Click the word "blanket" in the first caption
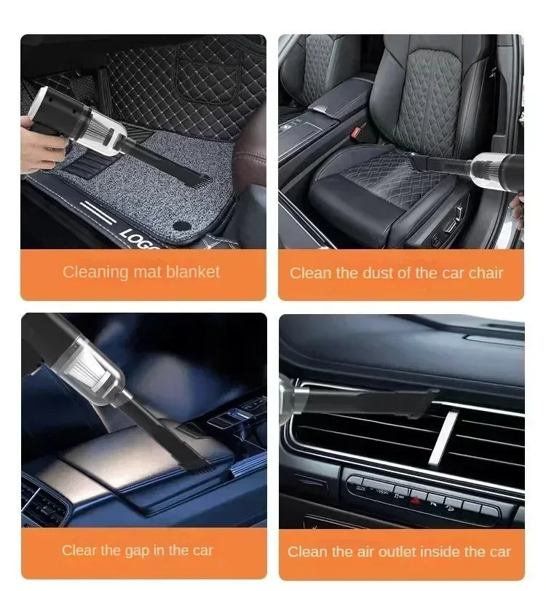pyautogui.click(x=191, y=273)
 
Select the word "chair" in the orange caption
pyautogui.click(x=484, y=273)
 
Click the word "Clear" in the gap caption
pyautogui.click(x=79, y=550)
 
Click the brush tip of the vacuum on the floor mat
pyautogui.click(x=196, y=177)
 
